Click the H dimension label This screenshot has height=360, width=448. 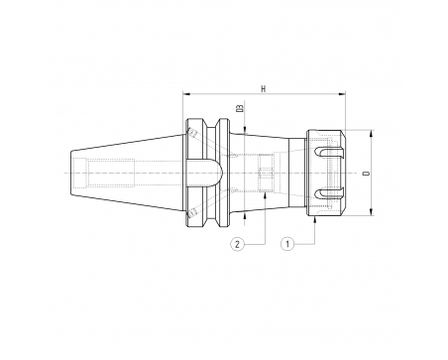click(264, 89)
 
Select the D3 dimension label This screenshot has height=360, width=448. click(240, 108)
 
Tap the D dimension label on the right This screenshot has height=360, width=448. click(365, 174)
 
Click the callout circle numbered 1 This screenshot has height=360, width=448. click(287, 244)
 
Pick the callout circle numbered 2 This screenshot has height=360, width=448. click(237, 244)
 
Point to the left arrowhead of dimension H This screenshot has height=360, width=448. click(187, 94)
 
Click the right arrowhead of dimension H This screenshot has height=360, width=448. click(341, 94)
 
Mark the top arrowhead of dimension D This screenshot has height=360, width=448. click(371, 134)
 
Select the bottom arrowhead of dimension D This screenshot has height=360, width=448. click(371, 211)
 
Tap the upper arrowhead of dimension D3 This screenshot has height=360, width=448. click(245, 130)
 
